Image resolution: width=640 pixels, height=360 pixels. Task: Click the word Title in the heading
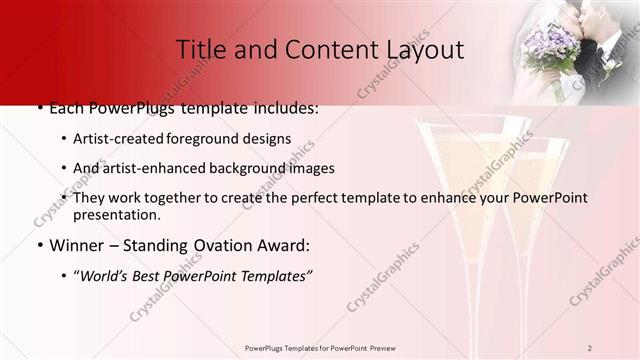point(198,49)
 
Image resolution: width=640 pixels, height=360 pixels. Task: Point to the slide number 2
point(590,347)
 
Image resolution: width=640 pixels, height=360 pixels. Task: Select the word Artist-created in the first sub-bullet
point(120,139)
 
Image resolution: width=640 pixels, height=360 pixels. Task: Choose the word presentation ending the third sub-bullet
point(116,214)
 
